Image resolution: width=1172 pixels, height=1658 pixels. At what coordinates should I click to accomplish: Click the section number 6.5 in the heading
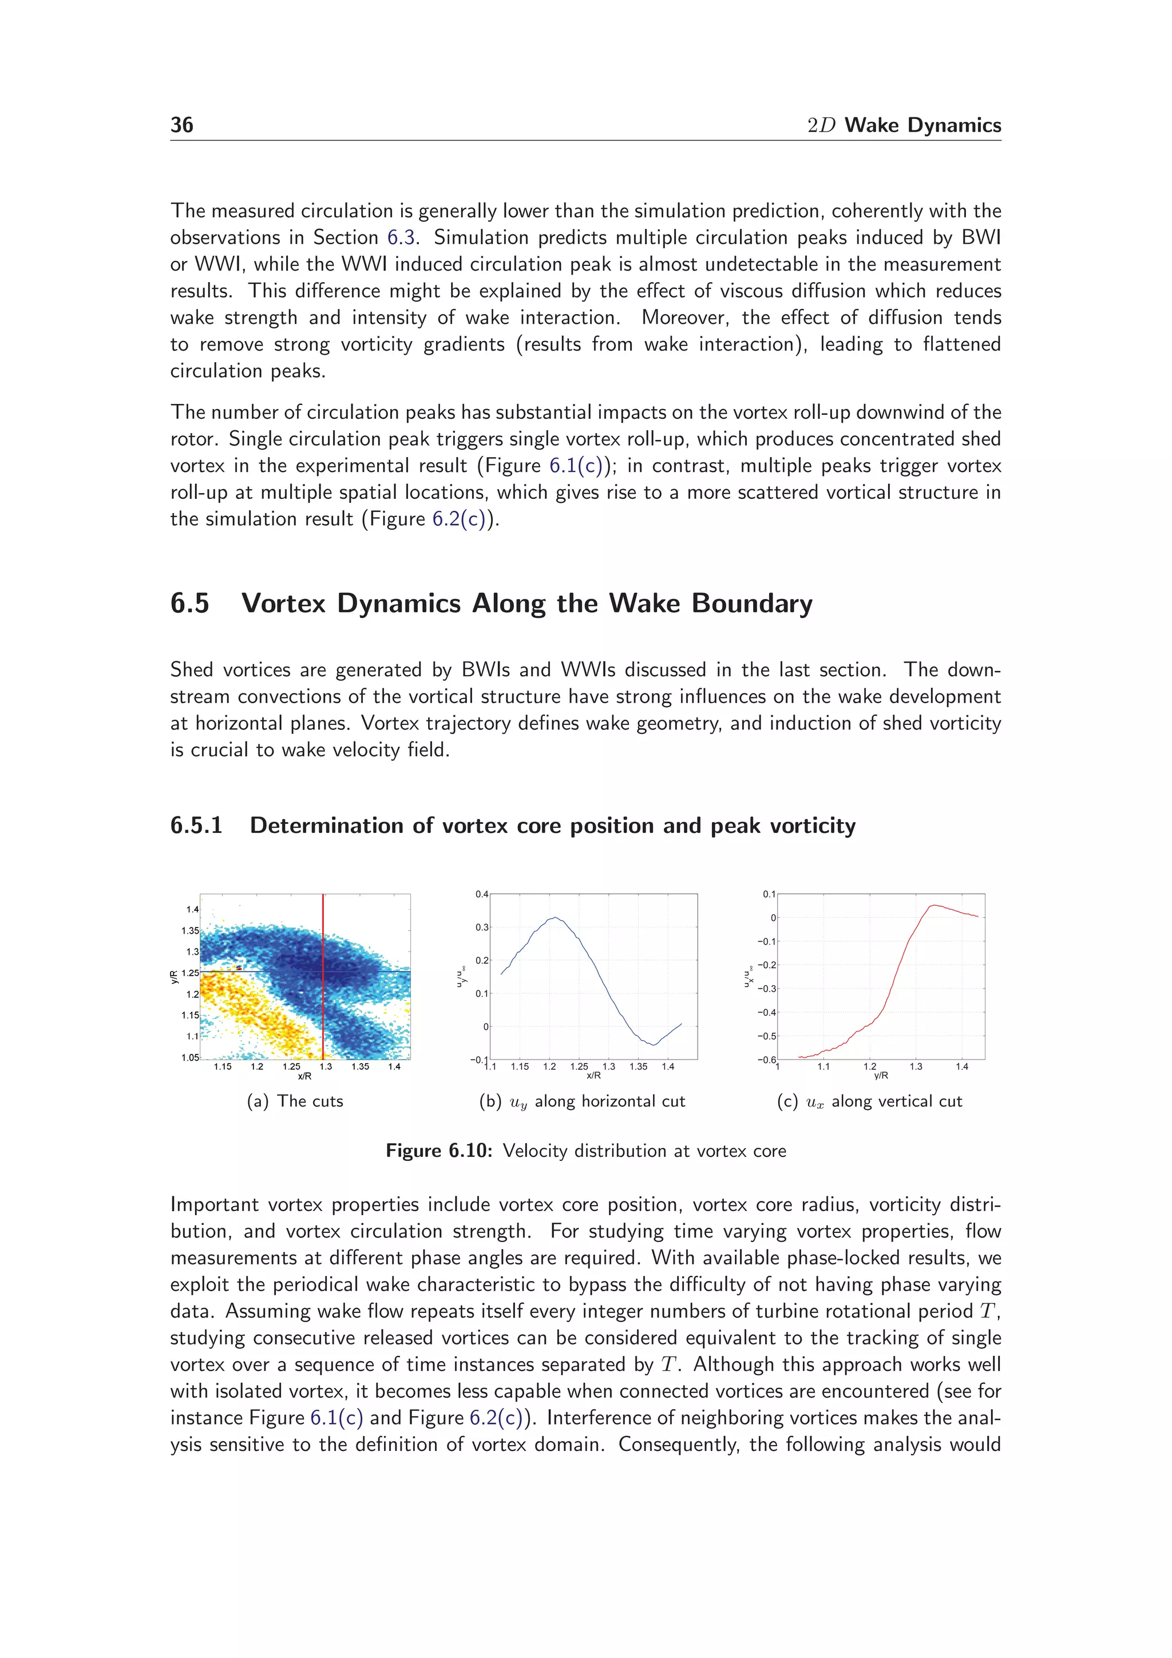click(x=189, y=603)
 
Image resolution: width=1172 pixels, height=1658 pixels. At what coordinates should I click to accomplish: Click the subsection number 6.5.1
click(x=196, y=826)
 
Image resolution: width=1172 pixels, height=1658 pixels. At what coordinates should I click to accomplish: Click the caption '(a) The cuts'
click(x=295, y=1101)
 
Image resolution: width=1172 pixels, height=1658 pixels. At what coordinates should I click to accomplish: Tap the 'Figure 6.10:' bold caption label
click(x=438, y=1151)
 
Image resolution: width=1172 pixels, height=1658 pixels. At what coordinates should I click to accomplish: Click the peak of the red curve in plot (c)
click(x=933, y=906)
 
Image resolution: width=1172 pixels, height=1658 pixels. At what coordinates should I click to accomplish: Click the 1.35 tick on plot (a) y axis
click(x=190, y=931)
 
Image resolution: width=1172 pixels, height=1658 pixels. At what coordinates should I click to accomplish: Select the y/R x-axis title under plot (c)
click(x=881, y=1076)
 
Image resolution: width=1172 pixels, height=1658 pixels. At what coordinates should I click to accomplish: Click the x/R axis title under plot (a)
click(x=305, y=1077)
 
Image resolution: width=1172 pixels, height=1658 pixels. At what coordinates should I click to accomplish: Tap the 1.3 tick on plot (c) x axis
click(x=916, y=1066)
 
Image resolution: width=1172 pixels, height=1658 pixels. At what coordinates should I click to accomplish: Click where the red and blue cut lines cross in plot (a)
click(x=323, y=972)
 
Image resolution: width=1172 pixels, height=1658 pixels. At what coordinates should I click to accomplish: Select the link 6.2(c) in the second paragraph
click(x=463, y=519)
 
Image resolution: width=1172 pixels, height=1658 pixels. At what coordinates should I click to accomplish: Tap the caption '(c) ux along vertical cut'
click(x=869, y=1101)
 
